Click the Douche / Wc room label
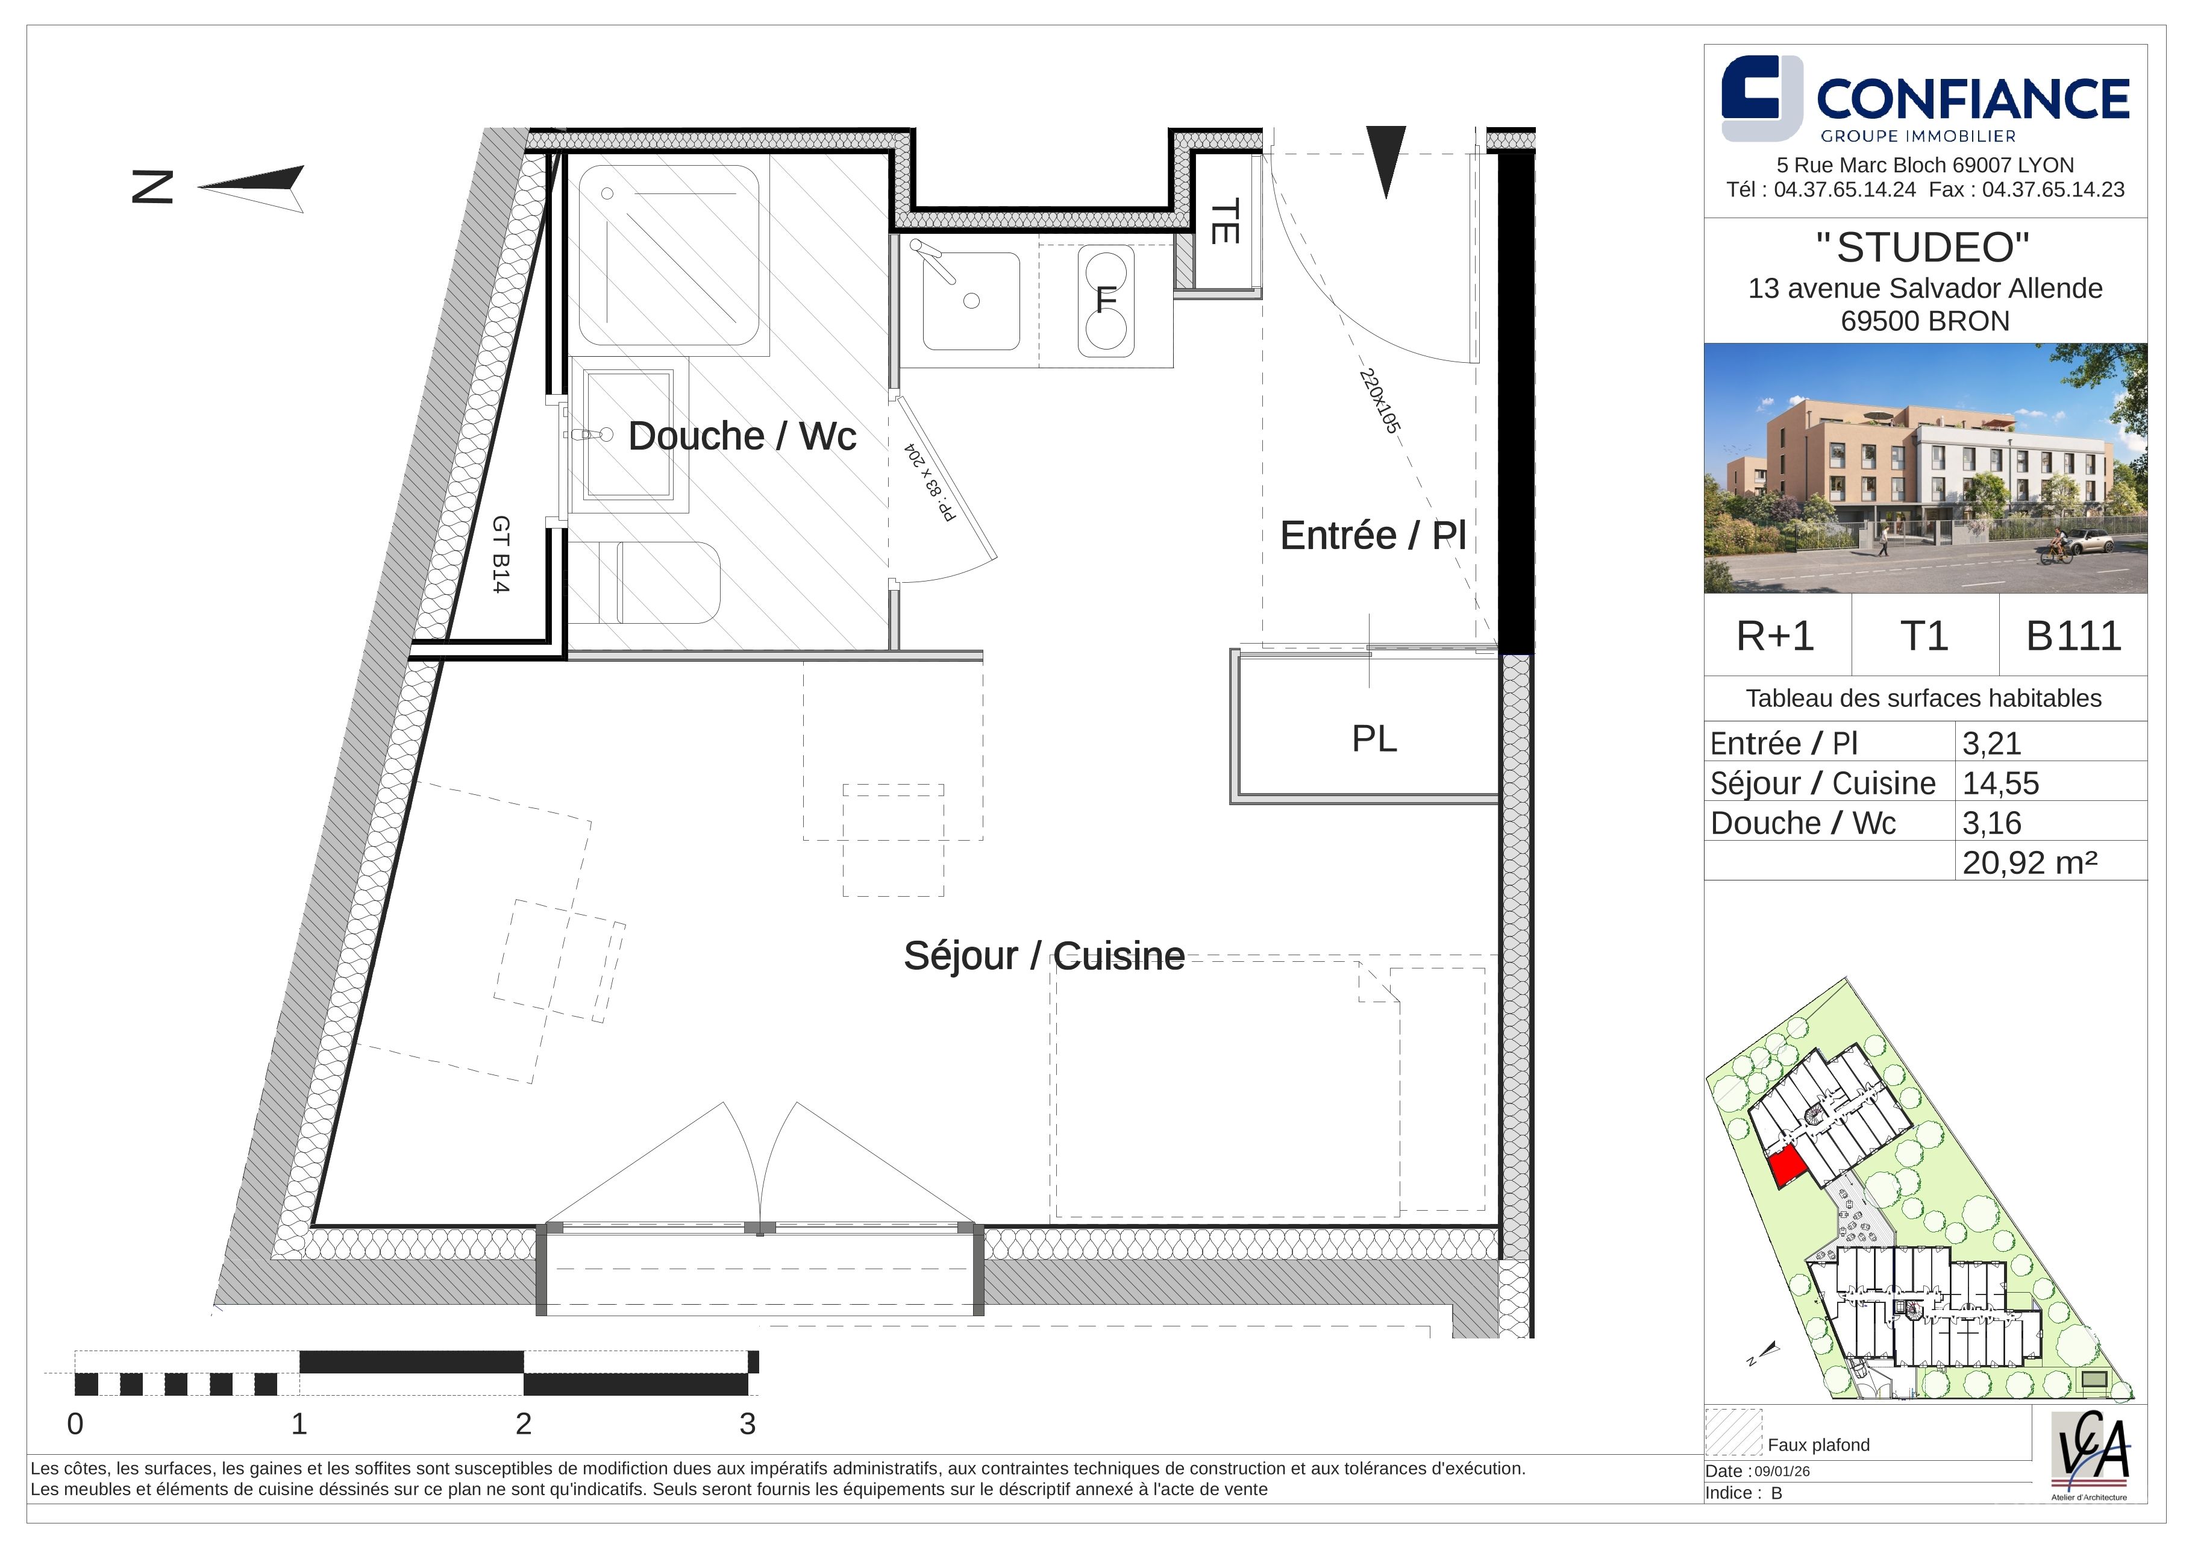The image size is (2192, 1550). coord(742,436)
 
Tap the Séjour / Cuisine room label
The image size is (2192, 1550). coord(1044,956)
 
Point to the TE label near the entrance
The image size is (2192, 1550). coord(1225,221)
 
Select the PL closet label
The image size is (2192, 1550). coord(1374,738)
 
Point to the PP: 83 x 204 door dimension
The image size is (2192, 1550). coord(930,482)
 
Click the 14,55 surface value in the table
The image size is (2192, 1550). coord(2000,783)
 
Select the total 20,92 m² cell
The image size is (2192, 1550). coord(2030,862)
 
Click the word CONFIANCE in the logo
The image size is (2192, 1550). coord(1973,98)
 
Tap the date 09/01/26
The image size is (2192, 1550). coord(1782,1472)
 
